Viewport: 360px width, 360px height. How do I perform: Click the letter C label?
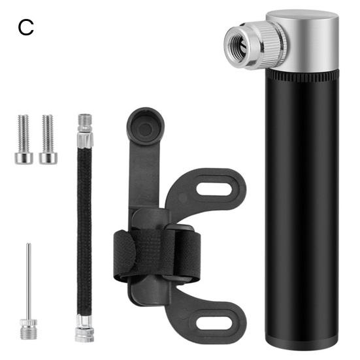[x=26, y=27]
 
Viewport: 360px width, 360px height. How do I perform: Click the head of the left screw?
[x=24, y=157]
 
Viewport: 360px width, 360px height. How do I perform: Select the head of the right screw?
[x=48, y=157]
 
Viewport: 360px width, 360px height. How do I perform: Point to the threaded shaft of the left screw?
[x=24, y=134]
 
